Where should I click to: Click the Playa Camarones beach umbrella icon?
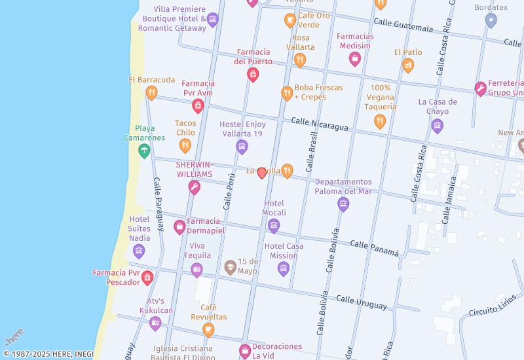pos(143,151)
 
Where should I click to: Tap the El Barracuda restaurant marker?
pos(151,92)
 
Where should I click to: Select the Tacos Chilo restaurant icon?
pos(185,145)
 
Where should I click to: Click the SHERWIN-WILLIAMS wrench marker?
pos(194,188)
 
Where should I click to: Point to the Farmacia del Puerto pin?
pos(252,75)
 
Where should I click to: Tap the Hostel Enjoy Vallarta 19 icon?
pos(242,147)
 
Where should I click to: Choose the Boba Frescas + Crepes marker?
pos(287,93)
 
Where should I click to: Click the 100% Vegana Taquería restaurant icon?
pos(380,120)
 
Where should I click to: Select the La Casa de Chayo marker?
pos(438,126)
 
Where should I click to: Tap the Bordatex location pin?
pos(491,20)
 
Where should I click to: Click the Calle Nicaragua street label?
pos(320,124)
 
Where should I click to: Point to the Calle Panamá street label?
pos(374,248)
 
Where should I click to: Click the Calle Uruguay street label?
pos(362,300)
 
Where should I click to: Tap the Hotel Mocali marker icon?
pos(274,226)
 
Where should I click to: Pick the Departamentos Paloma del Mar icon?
pos(343,204)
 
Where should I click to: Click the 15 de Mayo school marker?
pos(230,267)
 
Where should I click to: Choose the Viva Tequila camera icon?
pos(196,269)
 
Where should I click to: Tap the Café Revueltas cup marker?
pos(208,329)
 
